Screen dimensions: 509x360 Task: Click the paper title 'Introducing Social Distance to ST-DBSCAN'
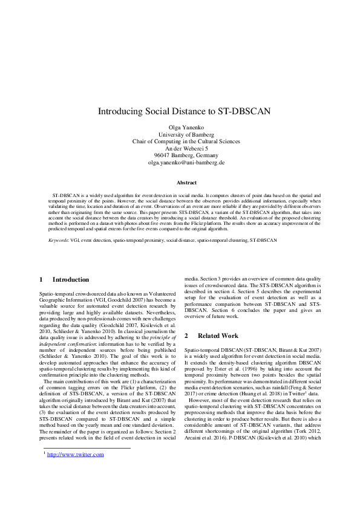click(180, 112)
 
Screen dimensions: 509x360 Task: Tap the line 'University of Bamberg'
click(180, 135)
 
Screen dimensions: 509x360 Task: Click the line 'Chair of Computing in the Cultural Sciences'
click(180, 141)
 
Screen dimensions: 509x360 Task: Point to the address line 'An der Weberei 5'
click(180, 149)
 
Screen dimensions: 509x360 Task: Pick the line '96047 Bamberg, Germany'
click(180, 155)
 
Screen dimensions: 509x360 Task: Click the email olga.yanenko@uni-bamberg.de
click(180, 163)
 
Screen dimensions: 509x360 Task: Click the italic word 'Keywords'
click(59, 240)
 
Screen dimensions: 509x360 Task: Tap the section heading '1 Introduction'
click(64, 280)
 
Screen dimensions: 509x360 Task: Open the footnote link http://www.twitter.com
click(76, 455)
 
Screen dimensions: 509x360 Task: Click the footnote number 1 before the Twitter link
click(44, 453)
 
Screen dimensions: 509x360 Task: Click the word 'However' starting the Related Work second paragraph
click(200, 400)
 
